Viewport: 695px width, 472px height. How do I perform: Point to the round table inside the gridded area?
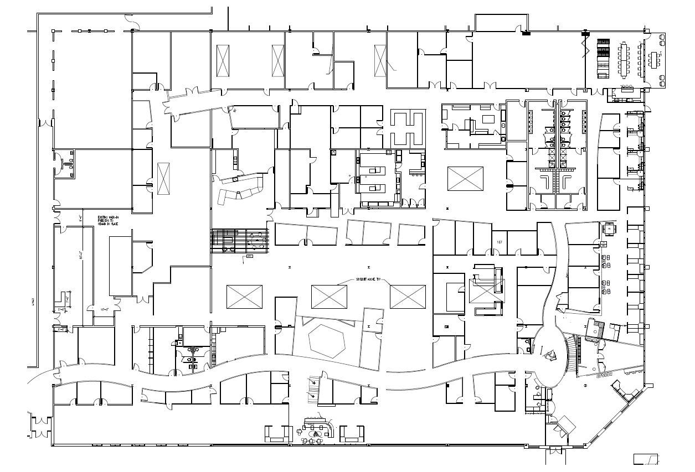[x=256, y=240]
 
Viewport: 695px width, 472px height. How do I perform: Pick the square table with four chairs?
[x=610, y=228]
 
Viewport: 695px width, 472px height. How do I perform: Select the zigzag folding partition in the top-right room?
[x=584, y=46]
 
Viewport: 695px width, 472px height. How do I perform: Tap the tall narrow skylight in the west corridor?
[x=163, y=179]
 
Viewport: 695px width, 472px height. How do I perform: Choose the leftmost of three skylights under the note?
[x=244, y=297]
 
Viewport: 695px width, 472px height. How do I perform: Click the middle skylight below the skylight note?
[x=329, y=297]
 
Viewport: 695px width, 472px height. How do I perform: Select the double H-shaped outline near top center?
[x=408, y=127]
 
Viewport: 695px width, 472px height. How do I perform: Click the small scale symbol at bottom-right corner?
[x=646, y=459]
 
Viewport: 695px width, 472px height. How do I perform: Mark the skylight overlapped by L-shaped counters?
[x=486, y=290]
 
